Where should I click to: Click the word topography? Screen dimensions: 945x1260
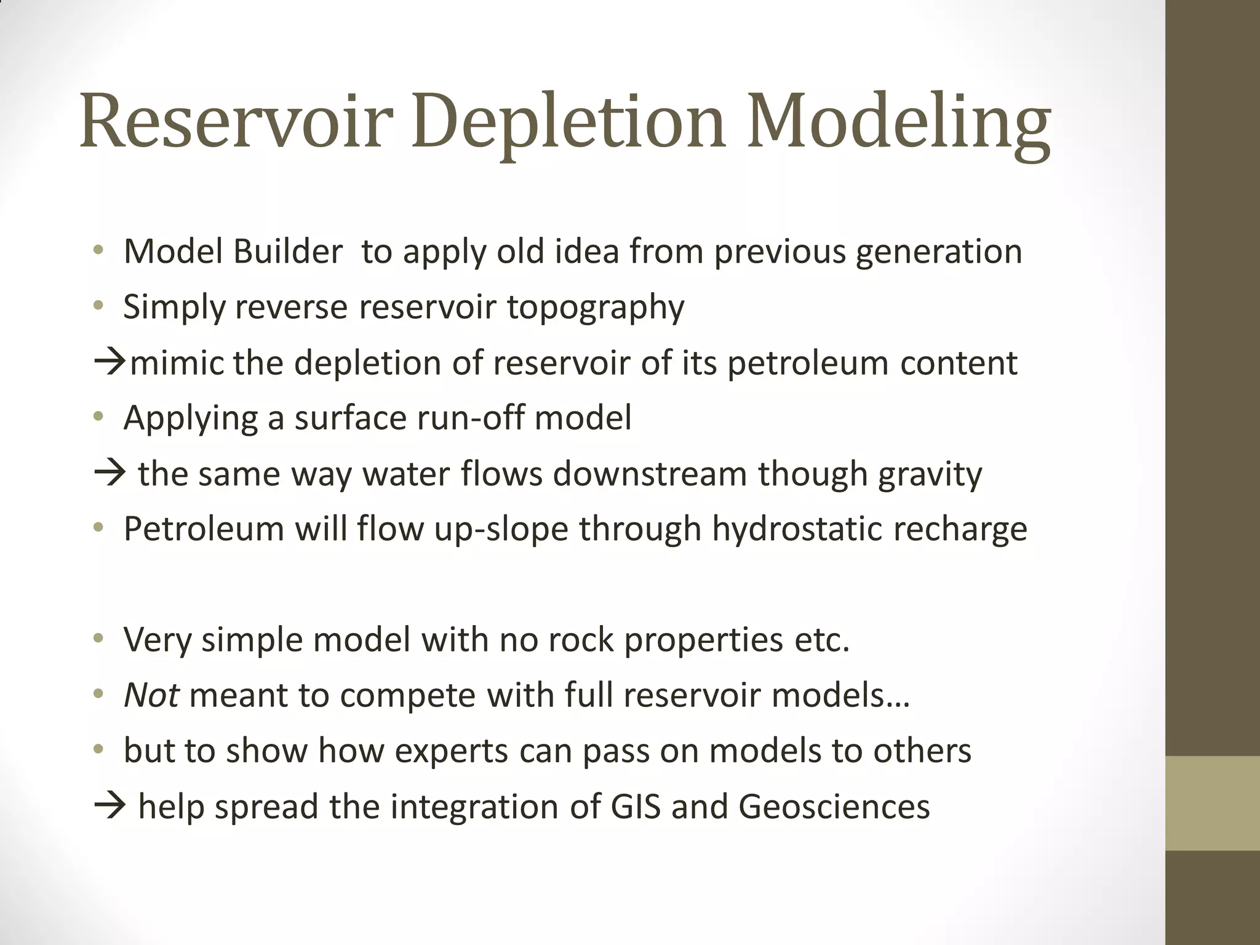(595, 307)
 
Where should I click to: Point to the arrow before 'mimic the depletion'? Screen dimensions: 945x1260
(110, 362)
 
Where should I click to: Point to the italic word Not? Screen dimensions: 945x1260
(151, 695)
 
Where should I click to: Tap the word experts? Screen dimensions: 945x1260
(451, 751)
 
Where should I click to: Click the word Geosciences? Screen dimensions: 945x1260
(834, 806)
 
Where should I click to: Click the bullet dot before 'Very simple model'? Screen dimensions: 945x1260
(98, 639)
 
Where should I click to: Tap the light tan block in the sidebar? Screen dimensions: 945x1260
(1213, 802)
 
